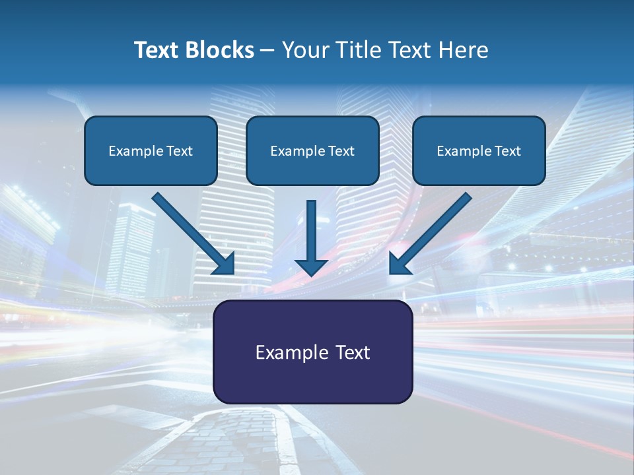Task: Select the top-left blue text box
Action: click(151, 168)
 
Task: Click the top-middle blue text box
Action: click(312, 168)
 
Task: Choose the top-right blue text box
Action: click(479, 168)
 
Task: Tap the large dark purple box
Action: click(312, 379)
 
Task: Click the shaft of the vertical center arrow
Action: click(312, 228)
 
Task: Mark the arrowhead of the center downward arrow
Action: click(312, 267)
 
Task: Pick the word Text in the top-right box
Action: click(507, 151)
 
